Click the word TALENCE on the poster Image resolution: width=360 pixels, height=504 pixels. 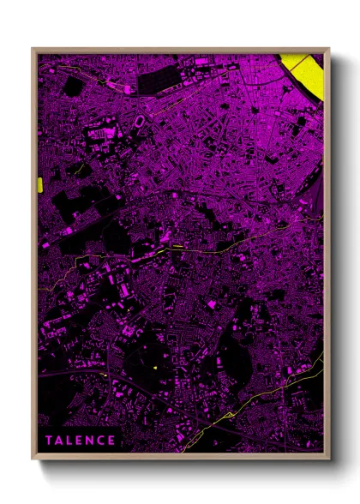pyautogui.click(x=81, y=441)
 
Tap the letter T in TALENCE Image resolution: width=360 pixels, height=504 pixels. pyautogui.click(x=50, y=441)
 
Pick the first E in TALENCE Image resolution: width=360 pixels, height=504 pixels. pyautogui.click(x=80, y=441)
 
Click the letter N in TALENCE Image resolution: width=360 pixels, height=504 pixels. pyautogui.click(x=90, y=441)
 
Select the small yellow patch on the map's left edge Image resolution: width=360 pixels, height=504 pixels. pyautogui.click(x=40, y=184)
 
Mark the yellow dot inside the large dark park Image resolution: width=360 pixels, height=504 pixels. pyautogui.click(x=155, y=368)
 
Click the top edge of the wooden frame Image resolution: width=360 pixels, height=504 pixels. pyautogui.click(x=180, y=50)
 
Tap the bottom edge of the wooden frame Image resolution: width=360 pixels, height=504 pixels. pyautogui.click(x=180, y=455)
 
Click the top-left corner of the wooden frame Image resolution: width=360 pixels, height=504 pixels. pyautogui.click(x=34, y=50)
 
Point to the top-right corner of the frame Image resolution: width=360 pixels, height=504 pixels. pyautogui.click(x=327, y=50)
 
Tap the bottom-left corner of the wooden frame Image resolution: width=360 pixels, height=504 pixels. pyautogui.click(x=34, y=455)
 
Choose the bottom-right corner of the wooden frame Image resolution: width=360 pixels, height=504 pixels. pyautogui.click(x=327, y=455)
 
